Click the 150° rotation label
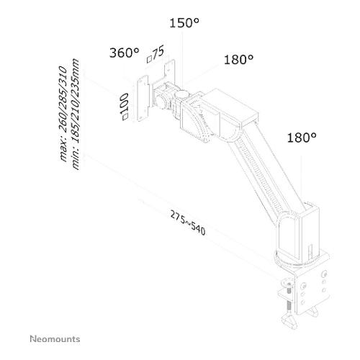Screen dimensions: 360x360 click(184, 23)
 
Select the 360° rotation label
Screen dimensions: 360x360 click(124, 53)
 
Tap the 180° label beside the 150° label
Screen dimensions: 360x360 click(238, 60)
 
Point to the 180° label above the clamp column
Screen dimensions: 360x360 click(302, 138)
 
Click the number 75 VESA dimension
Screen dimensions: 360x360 click(158, 52)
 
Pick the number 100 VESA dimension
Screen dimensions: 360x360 click(124, 104)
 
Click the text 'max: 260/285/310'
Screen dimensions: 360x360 click(63, 113)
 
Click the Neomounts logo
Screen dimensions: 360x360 click(55, 339)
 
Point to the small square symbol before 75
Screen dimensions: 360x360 click(149, 59)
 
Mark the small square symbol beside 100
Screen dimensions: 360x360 click(125, 117)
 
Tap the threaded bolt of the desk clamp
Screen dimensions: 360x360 click(289, 297)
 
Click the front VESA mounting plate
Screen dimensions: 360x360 click(143, 99)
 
